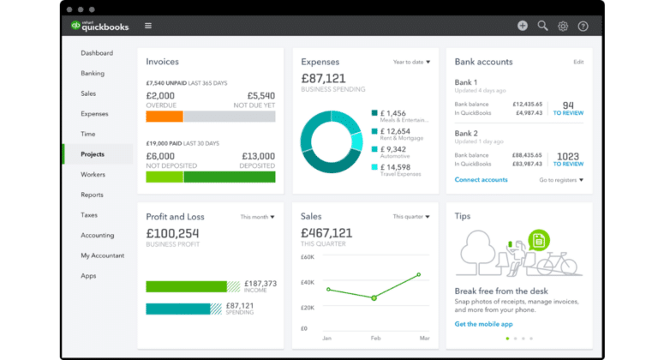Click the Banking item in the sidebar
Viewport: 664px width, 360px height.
[93, 74]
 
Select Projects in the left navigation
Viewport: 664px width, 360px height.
[93, 154]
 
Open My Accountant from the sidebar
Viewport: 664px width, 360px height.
[102, 255]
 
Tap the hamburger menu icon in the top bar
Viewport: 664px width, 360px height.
[148, 26]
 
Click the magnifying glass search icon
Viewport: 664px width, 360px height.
[542, 26]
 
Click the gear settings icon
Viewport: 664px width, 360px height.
[563, 26]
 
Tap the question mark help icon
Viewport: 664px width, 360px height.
[583, 26]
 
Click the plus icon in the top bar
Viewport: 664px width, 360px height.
[523, 26]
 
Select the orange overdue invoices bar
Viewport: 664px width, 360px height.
[165, 117]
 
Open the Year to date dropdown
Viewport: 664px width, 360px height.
[411, 63]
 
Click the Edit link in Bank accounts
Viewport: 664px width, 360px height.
[578, 63]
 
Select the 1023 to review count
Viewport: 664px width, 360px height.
[568, 157]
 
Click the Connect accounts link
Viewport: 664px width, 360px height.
[481, 180]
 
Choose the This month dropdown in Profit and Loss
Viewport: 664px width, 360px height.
[257, 217]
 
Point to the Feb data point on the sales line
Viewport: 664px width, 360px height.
[374, 297]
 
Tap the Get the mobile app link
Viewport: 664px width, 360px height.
[484, 324]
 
